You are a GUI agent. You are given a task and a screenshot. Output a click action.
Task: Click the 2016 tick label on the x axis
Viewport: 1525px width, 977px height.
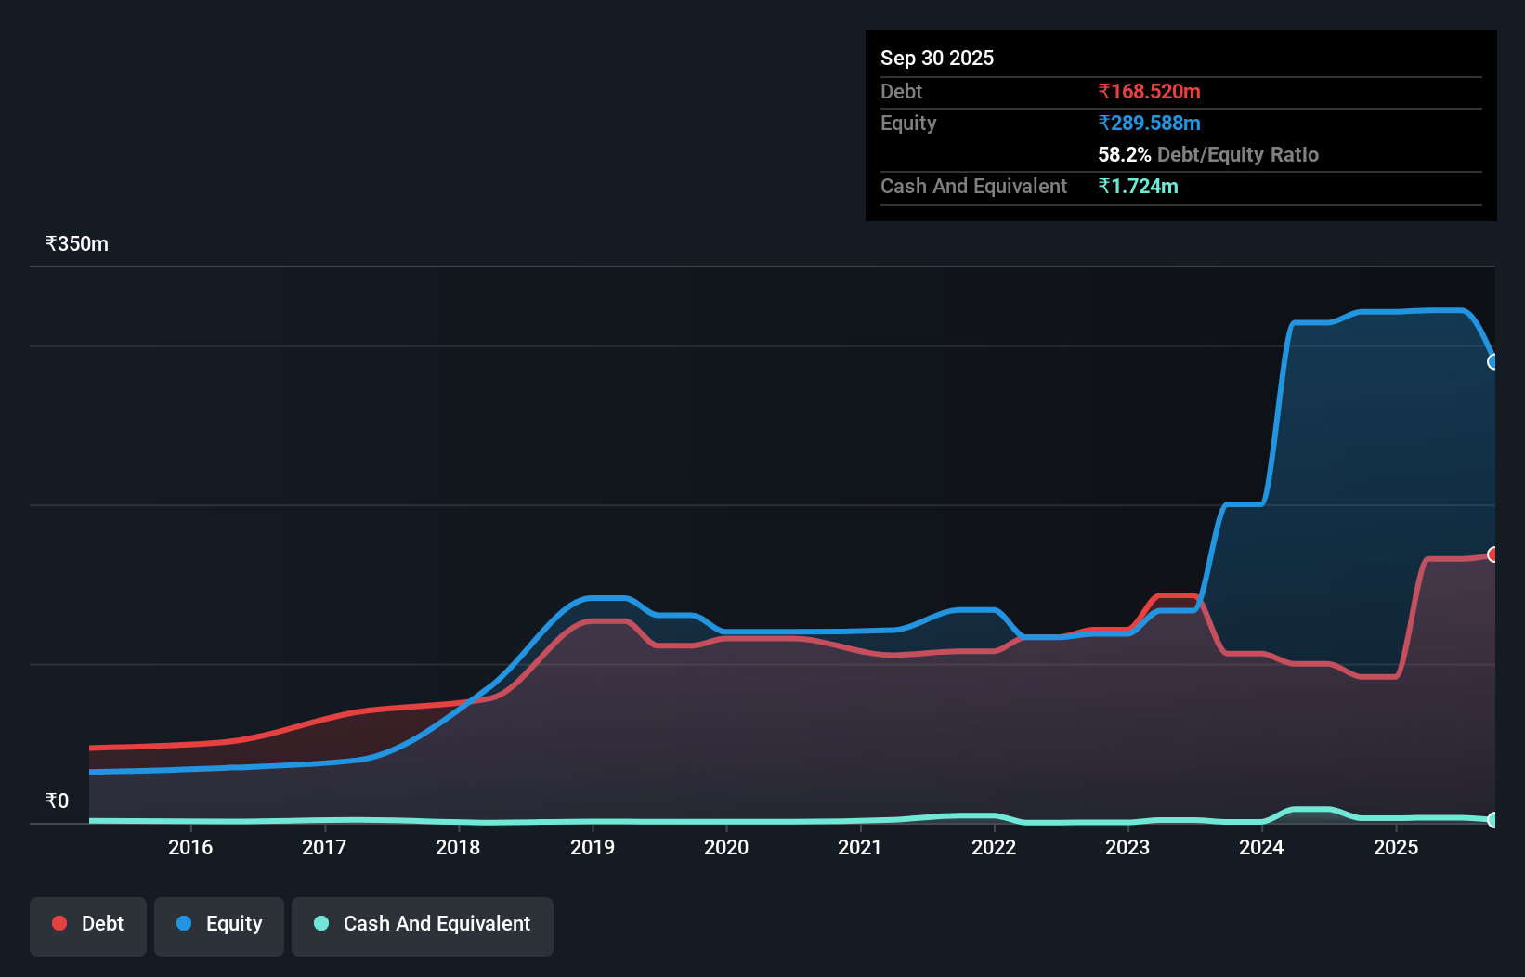190,847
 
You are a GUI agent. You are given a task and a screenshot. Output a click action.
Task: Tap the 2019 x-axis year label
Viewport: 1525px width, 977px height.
593,847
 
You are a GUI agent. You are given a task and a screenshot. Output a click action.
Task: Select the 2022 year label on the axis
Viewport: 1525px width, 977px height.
994,847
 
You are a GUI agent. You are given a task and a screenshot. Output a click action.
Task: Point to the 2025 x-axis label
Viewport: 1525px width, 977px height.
1396,847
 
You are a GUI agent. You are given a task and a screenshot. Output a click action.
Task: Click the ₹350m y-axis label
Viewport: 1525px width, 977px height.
77,244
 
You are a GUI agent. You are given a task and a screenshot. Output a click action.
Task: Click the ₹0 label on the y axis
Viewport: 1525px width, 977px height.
58,801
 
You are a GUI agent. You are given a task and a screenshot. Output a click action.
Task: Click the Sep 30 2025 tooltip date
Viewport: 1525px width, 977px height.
937,58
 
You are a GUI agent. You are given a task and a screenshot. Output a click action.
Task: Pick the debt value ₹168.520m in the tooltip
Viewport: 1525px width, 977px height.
1149,92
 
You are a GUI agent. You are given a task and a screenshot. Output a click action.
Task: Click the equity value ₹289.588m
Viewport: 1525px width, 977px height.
1149,124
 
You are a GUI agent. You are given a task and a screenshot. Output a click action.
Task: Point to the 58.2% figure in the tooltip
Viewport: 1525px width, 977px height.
1124,155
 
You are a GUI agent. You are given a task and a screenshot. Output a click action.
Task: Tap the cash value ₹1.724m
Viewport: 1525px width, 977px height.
1138,187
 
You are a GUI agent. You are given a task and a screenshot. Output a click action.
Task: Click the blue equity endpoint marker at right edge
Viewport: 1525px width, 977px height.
1493,362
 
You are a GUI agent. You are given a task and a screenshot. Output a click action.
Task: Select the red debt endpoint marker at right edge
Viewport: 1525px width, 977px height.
1493,554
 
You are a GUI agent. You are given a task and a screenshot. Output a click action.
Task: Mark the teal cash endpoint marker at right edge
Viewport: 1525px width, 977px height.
1493,820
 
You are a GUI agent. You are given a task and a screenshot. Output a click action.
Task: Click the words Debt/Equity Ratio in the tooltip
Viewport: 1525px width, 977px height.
1238,155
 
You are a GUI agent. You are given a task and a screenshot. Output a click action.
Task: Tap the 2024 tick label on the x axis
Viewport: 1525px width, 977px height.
1261,847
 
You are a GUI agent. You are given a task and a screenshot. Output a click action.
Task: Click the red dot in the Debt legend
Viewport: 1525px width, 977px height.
59,923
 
